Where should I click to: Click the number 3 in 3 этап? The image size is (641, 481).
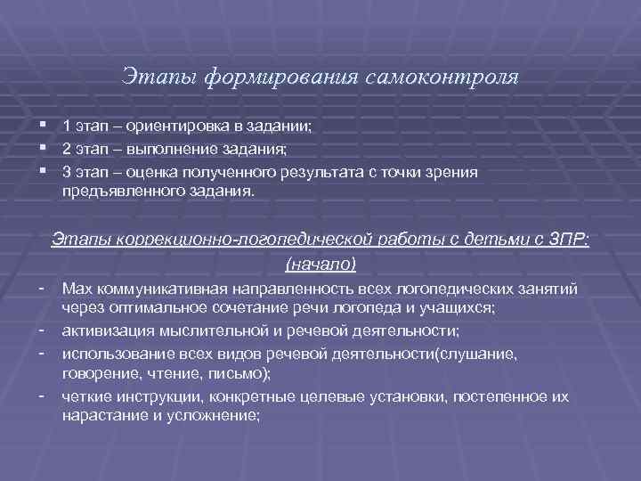(x=67, y=172)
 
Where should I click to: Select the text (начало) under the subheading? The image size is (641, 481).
(x=320, y=264)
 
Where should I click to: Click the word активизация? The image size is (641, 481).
(x=107, y=331)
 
